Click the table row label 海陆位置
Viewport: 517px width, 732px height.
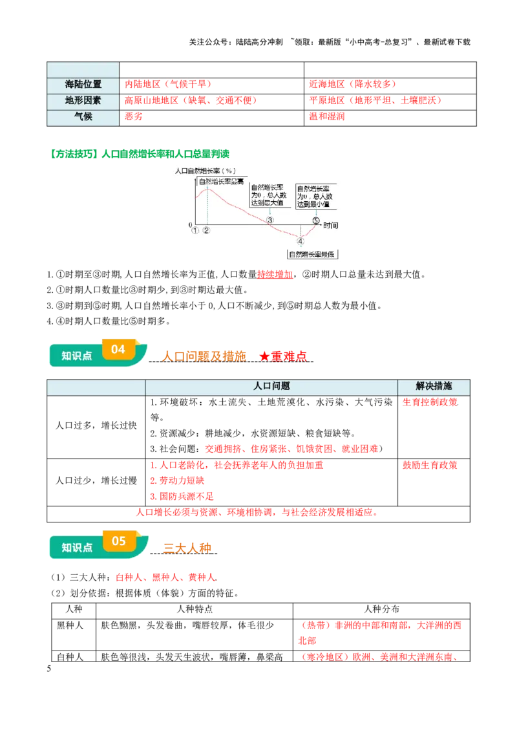point(83,85)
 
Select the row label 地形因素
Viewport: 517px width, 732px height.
point(83,101)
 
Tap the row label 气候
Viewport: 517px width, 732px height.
point(83,117)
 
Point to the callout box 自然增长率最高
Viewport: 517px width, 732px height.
point(221,182)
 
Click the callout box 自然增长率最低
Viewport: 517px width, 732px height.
point(313,255)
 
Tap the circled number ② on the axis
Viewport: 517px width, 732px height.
point(206,230)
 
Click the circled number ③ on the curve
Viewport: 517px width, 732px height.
point(270,220)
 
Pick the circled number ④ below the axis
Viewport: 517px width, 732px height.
point(301,241)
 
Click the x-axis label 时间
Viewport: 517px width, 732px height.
point(331,226)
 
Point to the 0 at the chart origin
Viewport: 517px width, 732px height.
point(191,224)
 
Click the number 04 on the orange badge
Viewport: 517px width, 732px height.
point(118,350)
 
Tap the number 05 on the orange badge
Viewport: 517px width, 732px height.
point(118,541)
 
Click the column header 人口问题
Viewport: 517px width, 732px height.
point(271,386)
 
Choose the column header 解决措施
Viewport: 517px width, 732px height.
point(434,386)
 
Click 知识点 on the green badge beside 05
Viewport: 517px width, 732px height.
point(77,548)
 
